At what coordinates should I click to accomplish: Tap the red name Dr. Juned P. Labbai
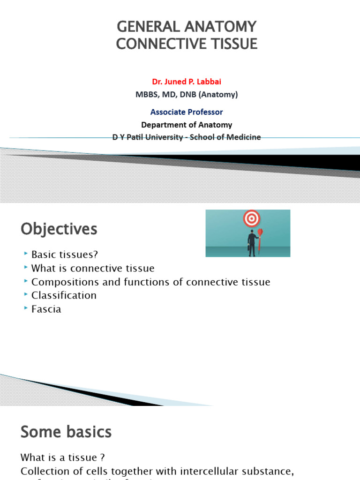pos(187,82)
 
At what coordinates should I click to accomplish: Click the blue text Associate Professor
pos(187,112)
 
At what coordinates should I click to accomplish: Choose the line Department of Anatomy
pos(187,125)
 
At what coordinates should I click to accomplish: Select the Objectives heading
pos(59,229)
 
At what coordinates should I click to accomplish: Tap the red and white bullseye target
pos(252,218)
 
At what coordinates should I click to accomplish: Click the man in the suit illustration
pos(252,242)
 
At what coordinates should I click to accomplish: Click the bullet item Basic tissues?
pos(65,255)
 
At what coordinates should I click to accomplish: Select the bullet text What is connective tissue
pos(93,268)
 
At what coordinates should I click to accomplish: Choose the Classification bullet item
pos(64,295)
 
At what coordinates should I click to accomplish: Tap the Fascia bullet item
pos(46,309)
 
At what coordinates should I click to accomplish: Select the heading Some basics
pos(66,432)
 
